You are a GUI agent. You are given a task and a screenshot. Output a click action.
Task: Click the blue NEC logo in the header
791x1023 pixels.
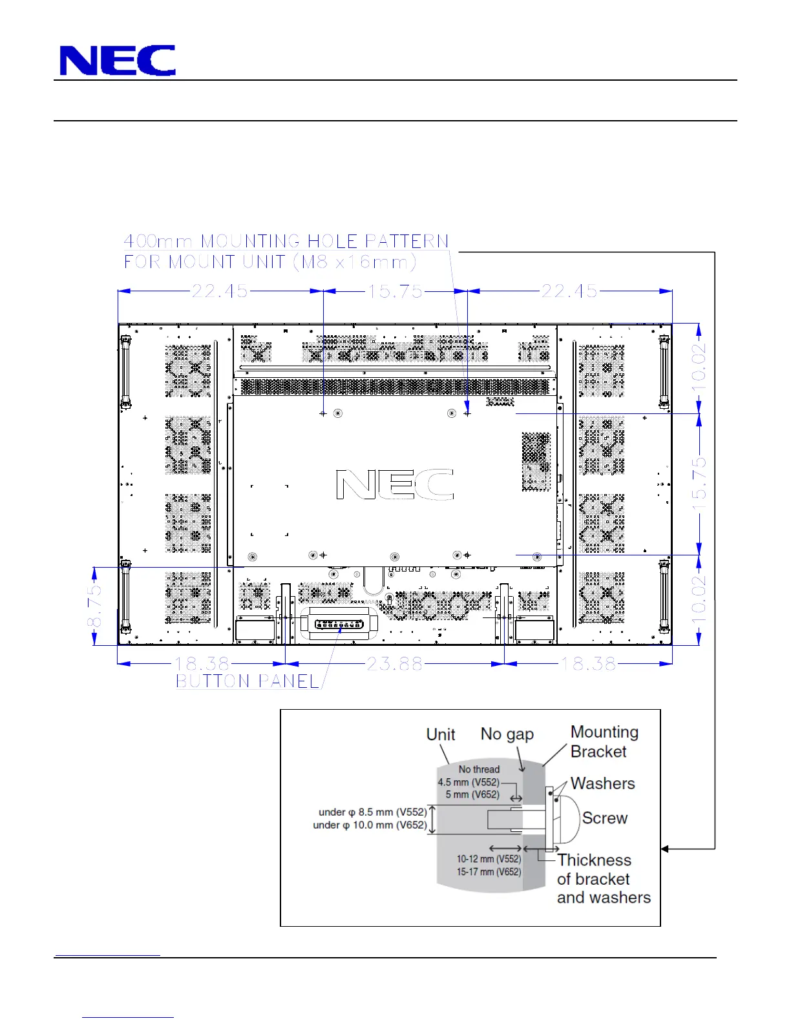[x=118, y=60]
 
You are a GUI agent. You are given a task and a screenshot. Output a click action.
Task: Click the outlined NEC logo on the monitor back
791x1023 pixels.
[x=395, y=484]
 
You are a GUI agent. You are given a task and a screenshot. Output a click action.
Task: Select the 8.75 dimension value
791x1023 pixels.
[x=95, y=606]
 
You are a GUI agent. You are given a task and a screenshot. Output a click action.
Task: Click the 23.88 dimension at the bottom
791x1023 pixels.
[x=394, y=664]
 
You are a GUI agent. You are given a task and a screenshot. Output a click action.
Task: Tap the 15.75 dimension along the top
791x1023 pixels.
[x=395, y=291]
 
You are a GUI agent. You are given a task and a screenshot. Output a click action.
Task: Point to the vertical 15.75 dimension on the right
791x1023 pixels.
[x=699, y=484]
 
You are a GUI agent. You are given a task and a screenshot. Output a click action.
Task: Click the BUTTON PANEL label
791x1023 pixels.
[x=248, y=681]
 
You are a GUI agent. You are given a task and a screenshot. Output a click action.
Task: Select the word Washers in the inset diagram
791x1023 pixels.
[x=602, y=783]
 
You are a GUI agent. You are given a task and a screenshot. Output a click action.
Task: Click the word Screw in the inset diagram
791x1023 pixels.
[x=605, y=818]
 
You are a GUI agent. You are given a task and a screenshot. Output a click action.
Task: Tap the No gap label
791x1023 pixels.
[x=507, y=734]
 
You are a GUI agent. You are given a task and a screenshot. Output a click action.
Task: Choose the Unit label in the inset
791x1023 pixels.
[x=441, y=734]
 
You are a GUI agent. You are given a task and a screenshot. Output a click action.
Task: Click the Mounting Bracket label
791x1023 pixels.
[x=604, y=741]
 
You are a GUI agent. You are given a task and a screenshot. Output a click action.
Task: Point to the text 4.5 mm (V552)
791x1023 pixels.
[x=469, y=783]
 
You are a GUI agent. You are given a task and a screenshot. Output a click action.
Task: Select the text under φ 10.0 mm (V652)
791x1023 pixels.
[x=370, y=825]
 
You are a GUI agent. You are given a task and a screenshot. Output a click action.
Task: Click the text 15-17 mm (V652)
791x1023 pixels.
[x=489, y=872]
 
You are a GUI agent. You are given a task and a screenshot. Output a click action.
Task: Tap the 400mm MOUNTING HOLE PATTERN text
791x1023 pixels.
[x=286, y=242]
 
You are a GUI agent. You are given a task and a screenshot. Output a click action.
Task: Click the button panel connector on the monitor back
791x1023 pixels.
[x=339, y=625]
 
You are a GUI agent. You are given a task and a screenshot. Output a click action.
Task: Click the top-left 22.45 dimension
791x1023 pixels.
[x=220, y=291]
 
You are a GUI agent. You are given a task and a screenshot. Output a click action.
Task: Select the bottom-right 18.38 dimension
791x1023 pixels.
[x=589, y=664]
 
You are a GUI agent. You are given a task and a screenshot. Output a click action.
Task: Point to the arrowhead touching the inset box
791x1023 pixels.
[x=664, y=849]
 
